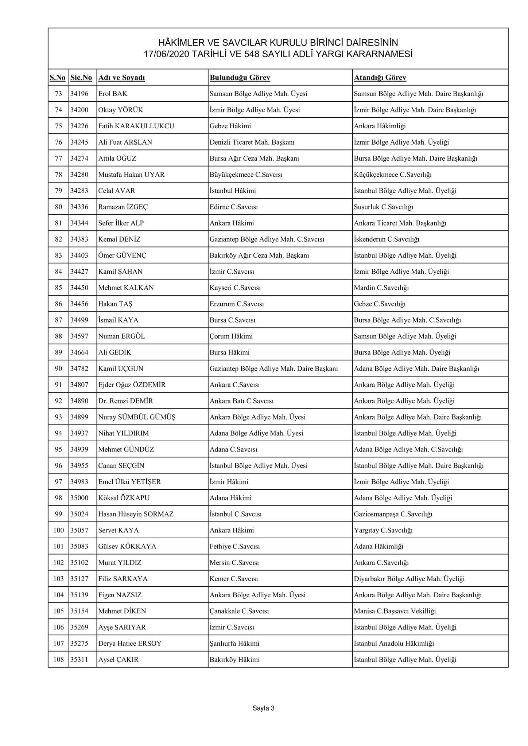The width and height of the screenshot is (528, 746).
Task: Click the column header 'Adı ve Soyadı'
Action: point(121,78)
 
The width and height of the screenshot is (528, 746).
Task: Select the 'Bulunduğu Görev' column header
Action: point(240,78)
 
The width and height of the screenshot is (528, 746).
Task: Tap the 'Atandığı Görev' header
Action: point(380,78)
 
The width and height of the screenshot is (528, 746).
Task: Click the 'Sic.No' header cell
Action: point(81,78)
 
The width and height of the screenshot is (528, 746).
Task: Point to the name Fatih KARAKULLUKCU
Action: point(136,126)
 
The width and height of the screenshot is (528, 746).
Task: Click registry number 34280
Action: point(79,175)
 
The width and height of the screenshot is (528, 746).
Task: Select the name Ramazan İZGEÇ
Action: point(123,207)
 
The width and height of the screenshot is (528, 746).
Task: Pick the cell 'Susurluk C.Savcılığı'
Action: point(383,207)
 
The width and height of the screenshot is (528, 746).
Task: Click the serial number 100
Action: point(58,530)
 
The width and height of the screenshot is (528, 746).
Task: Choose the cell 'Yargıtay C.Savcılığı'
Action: point(383,530)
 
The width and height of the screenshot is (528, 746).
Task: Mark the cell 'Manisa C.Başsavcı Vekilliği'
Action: point(395,611)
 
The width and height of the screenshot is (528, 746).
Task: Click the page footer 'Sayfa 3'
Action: point(263,708)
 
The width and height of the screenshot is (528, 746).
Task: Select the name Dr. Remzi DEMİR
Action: point(125,401)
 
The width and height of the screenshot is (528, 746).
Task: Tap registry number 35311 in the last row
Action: point(79,660)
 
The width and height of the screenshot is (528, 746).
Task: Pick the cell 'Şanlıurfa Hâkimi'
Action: point(234,644)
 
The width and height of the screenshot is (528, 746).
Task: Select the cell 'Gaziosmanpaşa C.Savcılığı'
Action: point(393,514)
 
